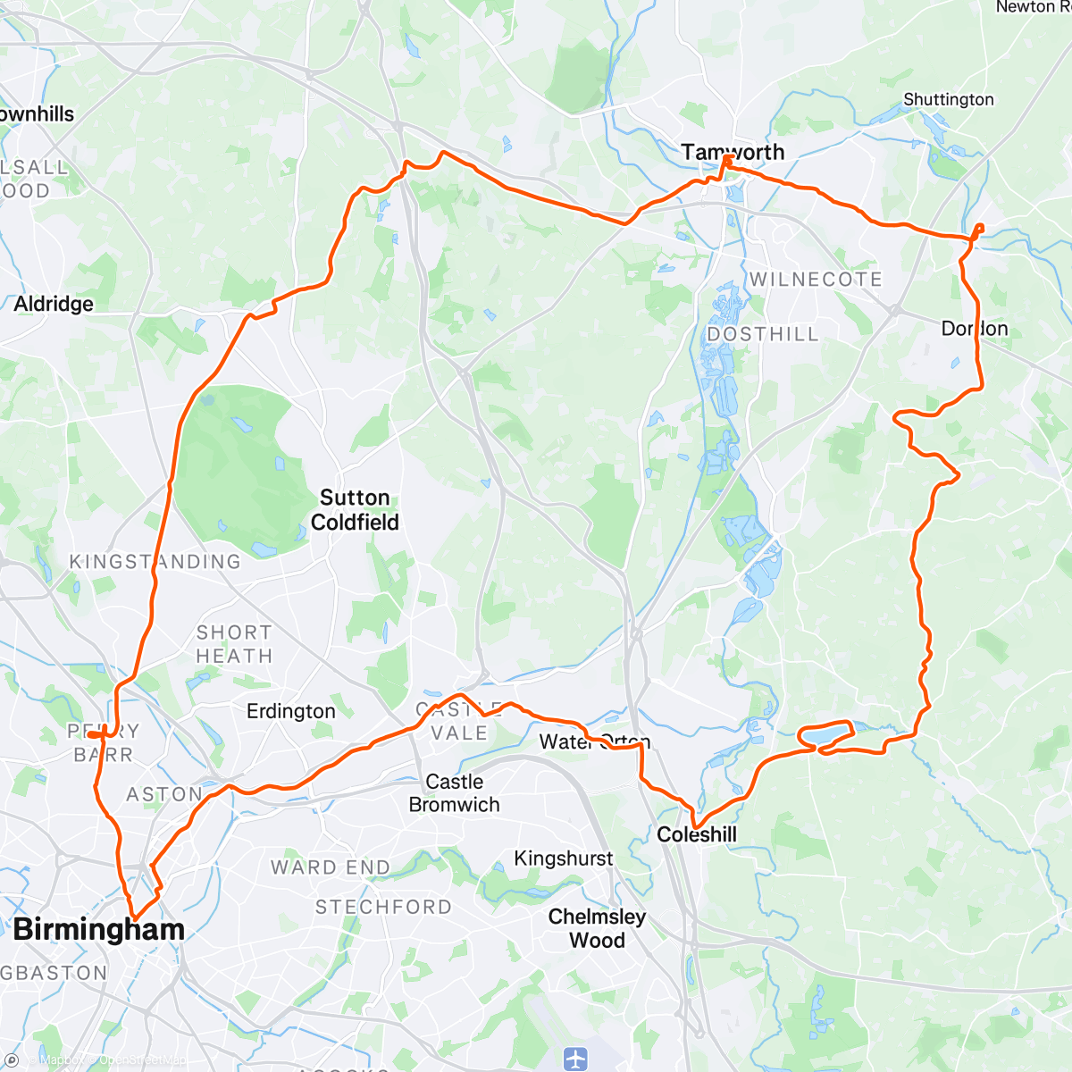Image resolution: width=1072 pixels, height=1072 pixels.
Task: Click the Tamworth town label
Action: click(x=733, y=153)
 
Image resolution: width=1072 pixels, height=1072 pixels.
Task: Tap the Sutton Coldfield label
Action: click(x=355, y=510)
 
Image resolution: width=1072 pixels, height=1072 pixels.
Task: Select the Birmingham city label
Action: click(x=98, y=929)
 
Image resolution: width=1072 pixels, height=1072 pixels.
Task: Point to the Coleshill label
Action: click(x=697, y=834)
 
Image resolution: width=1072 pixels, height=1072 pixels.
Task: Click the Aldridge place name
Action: click(x=54, y=305)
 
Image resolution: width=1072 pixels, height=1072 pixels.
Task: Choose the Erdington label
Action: click(x=291, y=711)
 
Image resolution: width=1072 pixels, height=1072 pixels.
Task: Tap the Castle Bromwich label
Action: click(x=454, y=793)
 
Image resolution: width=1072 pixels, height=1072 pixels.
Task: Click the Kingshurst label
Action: click(x=564, y=858)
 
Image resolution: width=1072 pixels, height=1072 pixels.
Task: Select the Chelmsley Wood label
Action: click(x=597, y=928)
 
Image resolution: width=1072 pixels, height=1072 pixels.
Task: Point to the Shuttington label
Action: click(x=949, y=99)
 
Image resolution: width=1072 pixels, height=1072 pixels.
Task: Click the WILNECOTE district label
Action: click(x=816, y=280)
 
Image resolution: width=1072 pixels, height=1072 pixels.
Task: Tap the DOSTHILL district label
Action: click(x=763, y=334)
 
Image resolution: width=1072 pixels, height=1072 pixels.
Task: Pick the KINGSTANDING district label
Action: click(x=155, y=562)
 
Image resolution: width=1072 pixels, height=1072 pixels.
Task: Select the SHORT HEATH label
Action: click(x=234, y=644)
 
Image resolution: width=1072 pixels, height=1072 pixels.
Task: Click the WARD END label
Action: click(x=331, y=867)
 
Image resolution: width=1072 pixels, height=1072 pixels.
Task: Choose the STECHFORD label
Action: click(x=383, y=907)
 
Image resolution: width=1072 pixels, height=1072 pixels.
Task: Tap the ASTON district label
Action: click(x=163, y=794)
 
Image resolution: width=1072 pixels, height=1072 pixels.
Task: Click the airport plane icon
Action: click(x=576, y=1059)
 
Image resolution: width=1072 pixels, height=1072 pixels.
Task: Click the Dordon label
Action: click(x=975, y=329)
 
